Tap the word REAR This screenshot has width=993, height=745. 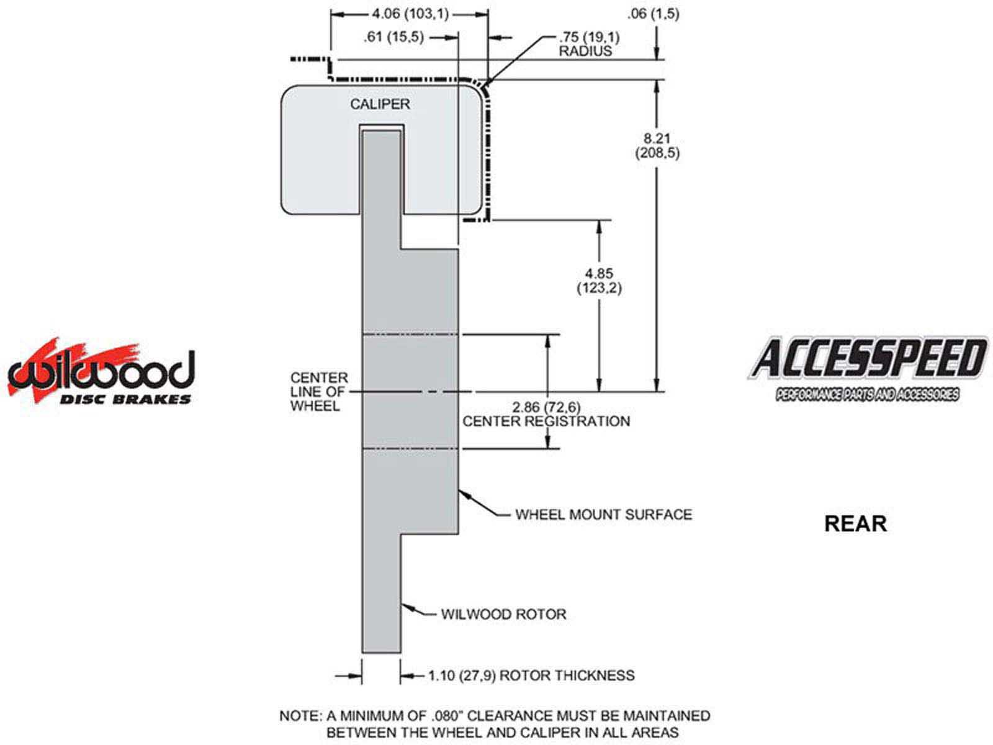point(855,523)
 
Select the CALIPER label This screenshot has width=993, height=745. point(380,104)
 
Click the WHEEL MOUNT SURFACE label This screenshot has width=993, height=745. point(603,514)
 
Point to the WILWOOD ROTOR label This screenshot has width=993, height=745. point(503,614)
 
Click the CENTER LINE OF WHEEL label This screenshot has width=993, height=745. point(319,392)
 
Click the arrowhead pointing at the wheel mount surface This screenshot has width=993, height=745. point(462,494)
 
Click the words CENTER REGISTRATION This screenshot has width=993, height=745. point(546,422)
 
